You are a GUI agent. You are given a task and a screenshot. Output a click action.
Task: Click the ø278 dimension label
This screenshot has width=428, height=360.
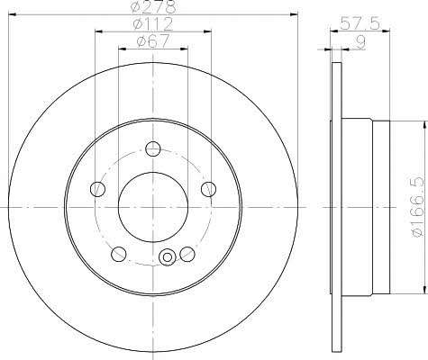[x=153, y=6]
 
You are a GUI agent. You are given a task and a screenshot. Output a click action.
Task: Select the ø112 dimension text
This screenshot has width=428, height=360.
[x=153, y=24]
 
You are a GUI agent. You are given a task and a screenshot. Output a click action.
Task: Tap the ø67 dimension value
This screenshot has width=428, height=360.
[x=153, y=40]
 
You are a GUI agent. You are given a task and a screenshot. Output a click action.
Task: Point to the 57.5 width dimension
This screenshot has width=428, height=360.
[x=360, y=23]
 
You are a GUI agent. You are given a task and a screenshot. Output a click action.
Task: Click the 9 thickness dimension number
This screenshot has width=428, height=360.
[x=360, y=42]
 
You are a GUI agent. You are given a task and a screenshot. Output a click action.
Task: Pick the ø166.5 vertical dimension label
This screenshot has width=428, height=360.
[x=419, y=207]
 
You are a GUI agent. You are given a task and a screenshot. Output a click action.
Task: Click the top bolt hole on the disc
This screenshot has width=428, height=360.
[x=153, y=148]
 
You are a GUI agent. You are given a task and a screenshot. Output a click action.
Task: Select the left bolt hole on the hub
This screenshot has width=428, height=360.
[x=97, y=189]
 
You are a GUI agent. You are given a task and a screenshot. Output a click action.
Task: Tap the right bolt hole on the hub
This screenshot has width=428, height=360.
[x=208, y=189]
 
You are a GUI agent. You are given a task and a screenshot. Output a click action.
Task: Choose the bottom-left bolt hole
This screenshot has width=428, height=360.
[x=119, y=254]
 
